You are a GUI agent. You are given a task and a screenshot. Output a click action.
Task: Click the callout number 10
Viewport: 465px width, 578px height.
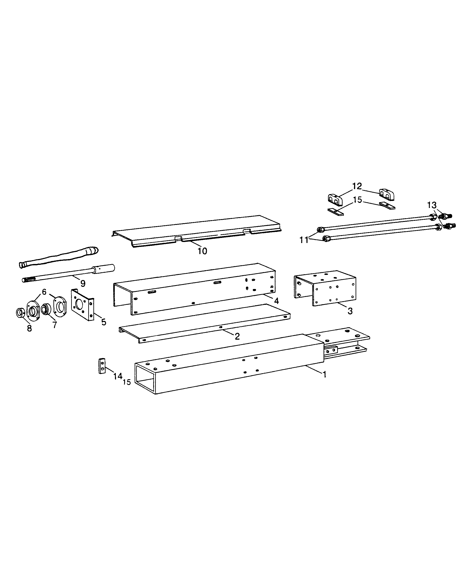(x=202, y=251)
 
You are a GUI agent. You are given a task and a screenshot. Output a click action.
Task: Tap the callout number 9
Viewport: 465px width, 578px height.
(x=83, y=283)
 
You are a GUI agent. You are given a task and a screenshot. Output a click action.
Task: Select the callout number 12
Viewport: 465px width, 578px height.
(x=357, y=186)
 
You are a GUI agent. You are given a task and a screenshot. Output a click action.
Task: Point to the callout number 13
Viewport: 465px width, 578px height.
(x=432, y=205)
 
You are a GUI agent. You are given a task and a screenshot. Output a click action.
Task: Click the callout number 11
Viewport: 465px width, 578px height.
(x=304, y=240)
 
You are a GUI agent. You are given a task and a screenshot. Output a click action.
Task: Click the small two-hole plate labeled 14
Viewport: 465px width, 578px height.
(x=102, y=366)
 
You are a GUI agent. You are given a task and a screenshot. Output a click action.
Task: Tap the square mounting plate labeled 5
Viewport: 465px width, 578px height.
(x=82, y=305)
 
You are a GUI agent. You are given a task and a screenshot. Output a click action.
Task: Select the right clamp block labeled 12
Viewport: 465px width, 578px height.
(x=387, y=194)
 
